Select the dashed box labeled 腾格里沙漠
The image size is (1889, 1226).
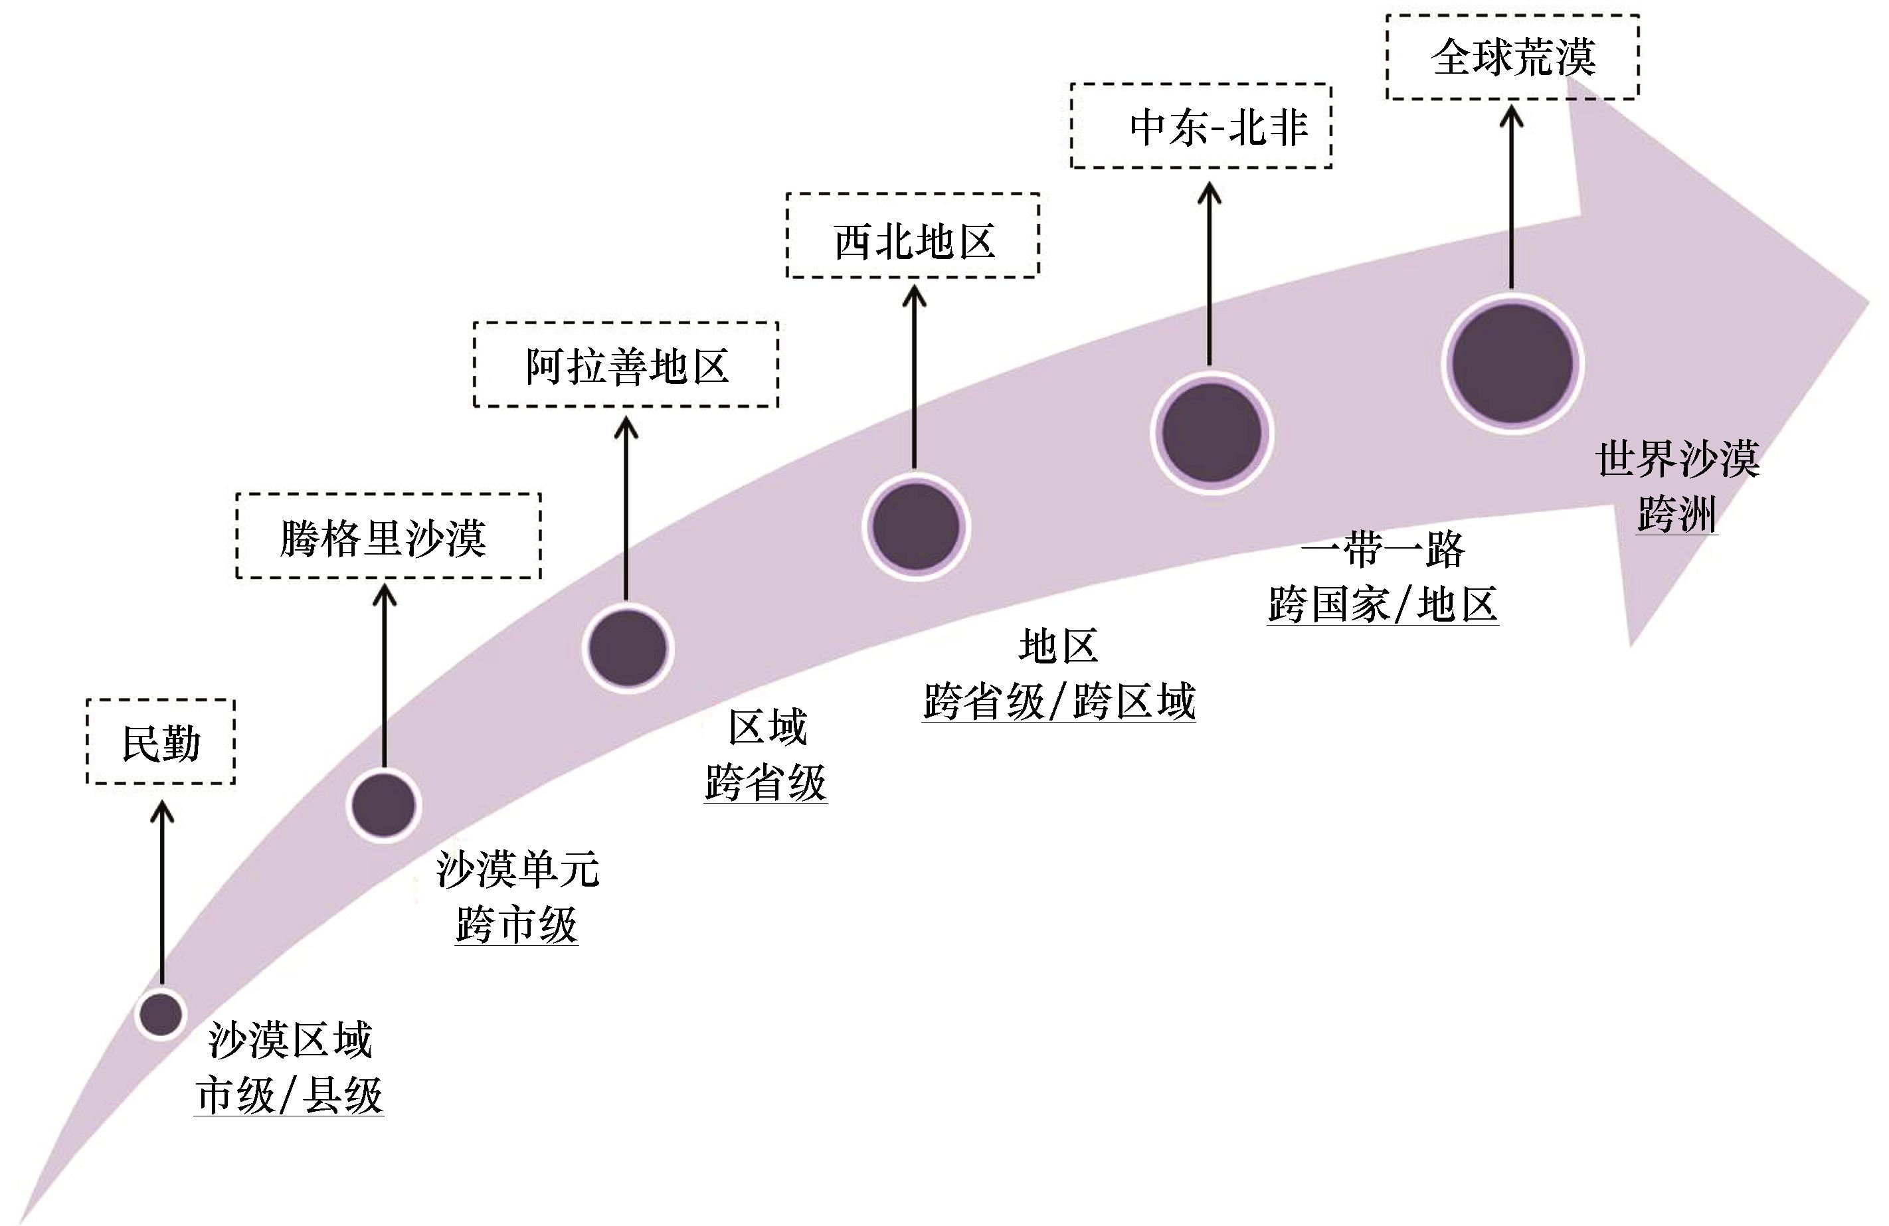coord(236,536)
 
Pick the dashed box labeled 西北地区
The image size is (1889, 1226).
coord(786,236)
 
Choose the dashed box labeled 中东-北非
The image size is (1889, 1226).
coord(1071,126)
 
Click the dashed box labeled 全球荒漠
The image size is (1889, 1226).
coord(1387,56)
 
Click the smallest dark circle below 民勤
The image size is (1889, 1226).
coord(161,1013)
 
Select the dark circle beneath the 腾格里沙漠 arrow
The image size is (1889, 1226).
coord(384,805)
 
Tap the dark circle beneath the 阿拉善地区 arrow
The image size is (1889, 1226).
coord(628,648)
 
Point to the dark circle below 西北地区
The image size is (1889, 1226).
coord(916,526)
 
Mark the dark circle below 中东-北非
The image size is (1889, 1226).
coord(1212,432)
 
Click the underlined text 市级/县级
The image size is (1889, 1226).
coord(290,1096)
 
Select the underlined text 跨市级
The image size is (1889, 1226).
coord(517,924)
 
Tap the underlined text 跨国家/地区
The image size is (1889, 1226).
coord(1383,604)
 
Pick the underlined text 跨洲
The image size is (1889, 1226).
coord(1676,513)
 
